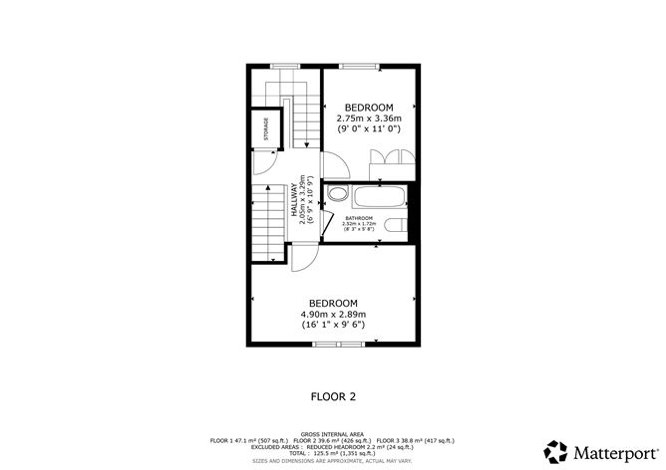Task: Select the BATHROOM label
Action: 359,218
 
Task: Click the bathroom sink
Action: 338,194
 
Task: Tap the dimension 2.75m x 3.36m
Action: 369,117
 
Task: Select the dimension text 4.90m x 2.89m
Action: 333,314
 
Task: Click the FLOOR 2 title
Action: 333,395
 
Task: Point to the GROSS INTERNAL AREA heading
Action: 333,434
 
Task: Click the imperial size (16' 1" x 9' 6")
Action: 333,325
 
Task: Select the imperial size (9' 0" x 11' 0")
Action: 369,128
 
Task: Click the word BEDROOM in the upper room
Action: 369,107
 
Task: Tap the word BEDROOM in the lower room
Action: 333,303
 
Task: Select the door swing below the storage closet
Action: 264,163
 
